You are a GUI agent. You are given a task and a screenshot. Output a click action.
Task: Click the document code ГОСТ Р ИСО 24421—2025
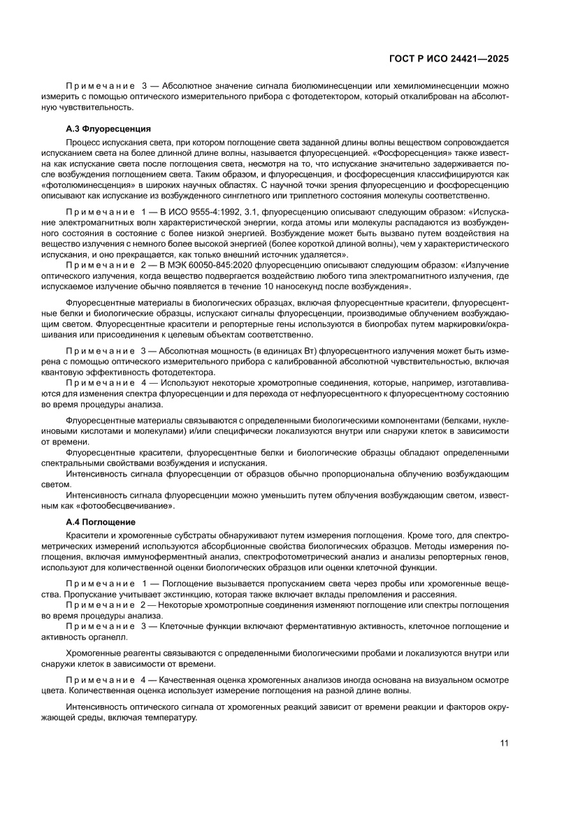[x=448, y=59]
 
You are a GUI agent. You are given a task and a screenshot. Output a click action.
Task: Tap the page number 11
[x=504, y=742]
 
